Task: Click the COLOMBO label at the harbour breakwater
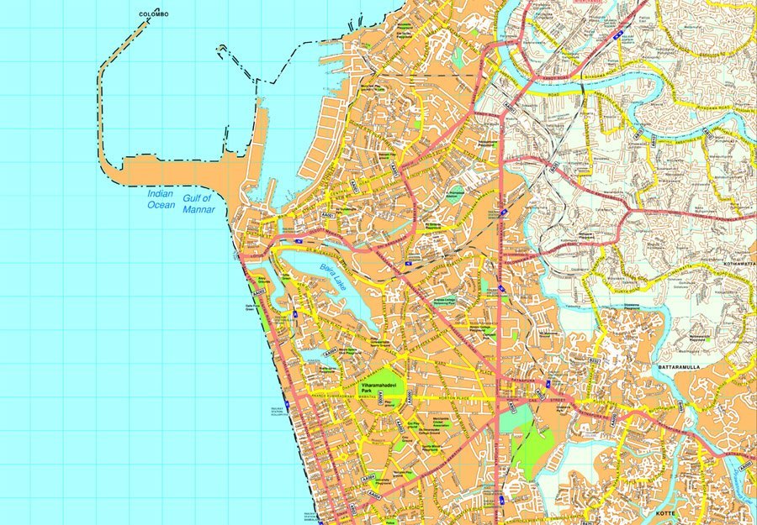pyautogui.click(x=154, y=14)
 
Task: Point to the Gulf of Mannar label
pyautogui.click(x=203, y=202)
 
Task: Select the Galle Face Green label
pyautogui.click(x=250, y=307)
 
